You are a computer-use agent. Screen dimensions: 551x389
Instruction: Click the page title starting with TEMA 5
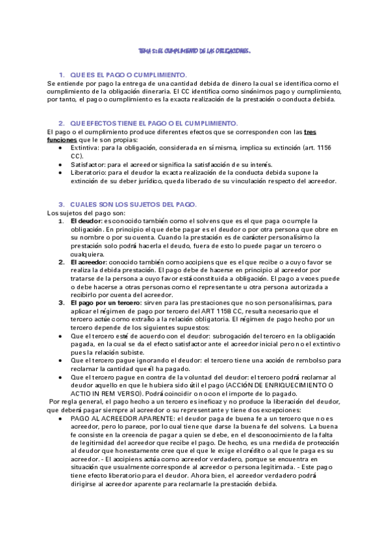point(195,50)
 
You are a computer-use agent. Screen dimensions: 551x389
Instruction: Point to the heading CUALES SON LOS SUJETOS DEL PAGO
point(138,205)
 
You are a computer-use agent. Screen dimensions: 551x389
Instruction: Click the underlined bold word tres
point(310,132)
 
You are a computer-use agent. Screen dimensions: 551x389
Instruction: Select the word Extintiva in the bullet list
point(86,148)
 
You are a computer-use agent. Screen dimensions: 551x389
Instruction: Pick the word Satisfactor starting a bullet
point(89,165)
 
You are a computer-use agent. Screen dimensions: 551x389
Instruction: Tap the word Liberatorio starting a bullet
point(90,173)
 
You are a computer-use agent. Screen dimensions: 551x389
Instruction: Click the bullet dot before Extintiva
point(60,149)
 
